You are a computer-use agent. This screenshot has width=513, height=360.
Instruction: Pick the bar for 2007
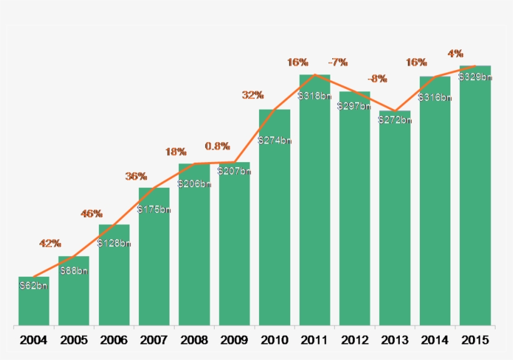pos(154,263)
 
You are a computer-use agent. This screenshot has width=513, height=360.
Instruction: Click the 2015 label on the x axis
pos(475,341)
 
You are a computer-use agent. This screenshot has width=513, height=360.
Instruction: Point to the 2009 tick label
pos(234,341)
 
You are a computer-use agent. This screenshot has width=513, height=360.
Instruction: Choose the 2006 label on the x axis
pos(114,341)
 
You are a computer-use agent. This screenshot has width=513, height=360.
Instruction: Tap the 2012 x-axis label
pos(355,341)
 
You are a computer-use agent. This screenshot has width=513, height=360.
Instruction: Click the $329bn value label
pos(475,77)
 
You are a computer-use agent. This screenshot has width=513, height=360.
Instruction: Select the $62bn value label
pos(34,286)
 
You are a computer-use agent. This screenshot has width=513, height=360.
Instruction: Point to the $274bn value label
pos(275,140)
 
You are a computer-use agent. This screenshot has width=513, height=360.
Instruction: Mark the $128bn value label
pos(114,243)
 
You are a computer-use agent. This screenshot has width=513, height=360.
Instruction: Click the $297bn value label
pos(355,106)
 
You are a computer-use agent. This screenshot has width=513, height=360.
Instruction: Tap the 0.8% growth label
pos(217,147)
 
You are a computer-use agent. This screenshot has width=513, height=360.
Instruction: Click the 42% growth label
pos(50,243)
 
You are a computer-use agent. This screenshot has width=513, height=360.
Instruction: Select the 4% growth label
pos(455,53)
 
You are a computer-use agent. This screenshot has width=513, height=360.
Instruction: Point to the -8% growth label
pos(377,79)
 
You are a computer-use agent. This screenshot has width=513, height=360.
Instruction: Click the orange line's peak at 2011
pos(315,75)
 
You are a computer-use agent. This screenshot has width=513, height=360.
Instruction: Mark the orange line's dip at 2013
pos(395,110)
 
